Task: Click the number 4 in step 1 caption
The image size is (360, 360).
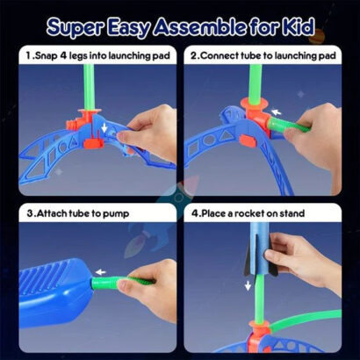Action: point(63,55)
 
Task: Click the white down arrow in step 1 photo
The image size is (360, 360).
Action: point(104,127)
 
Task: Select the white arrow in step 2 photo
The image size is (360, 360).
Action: point(276,112)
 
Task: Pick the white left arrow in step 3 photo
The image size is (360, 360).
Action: point(101,272)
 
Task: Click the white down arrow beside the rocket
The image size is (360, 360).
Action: point(248,285)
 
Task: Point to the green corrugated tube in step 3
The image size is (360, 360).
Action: point(123,283)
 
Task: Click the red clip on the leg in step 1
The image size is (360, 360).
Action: point(93,143)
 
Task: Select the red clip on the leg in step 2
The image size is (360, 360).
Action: point(248,141)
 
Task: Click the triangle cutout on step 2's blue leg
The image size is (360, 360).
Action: point(227,135)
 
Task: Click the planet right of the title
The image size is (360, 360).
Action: point(318,35)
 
